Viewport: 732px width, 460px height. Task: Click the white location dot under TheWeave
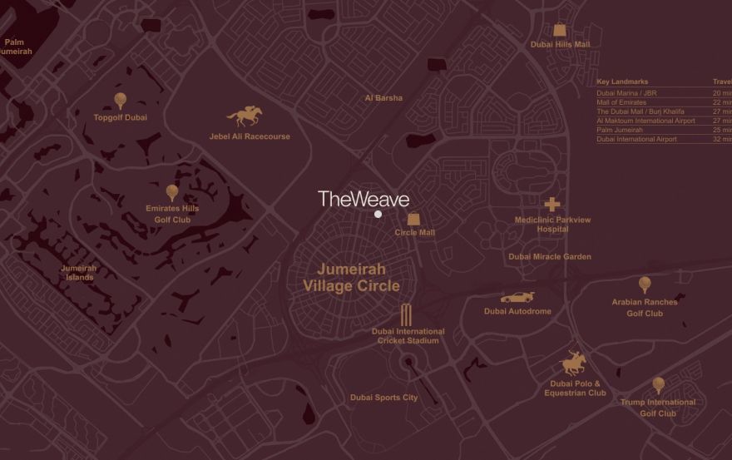[378, 215]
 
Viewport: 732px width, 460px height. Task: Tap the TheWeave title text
[364, 199]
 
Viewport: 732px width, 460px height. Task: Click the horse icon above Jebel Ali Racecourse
[244, 117]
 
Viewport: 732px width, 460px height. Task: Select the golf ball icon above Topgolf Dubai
[121, 101]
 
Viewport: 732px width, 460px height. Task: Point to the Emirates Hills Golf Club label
[172, 215]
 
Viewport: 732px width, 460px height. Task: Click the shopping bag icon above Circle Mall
[413, 218]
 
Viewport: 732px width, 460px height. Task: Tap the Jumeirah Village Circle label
[351, 278]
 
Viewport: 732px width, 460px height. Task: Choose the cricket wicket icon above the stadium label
[407, 314]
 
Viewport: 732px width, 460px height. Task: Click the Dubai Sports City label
[383, 398]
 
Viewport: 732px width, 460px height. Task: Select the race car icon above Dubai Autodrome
[517, 298]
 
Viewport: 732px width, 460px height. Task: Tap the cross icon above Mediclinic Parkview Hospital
[552, 204]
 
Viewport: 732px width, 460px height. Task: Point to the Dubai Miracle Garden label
[550, 257]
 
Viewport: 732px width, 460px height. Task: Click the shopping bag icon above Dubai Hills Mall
[560, 30]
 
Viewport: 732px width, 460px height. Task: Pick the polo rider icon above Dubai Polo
[574, 364]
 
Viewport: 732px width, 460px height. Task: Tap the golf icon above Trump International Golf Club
[658, 385]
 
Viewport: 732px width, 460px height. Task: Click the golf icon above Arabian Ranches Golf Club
[645, 285]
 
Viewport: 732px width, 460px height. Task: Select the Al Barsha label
[383, 98]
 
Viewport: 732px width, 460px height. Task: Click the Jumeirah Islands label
[79, 273]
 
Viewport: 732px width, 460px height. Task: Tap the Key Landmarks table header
[622, 82]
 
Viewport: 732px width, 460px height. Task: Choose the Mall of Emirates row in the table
[621, 102]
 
